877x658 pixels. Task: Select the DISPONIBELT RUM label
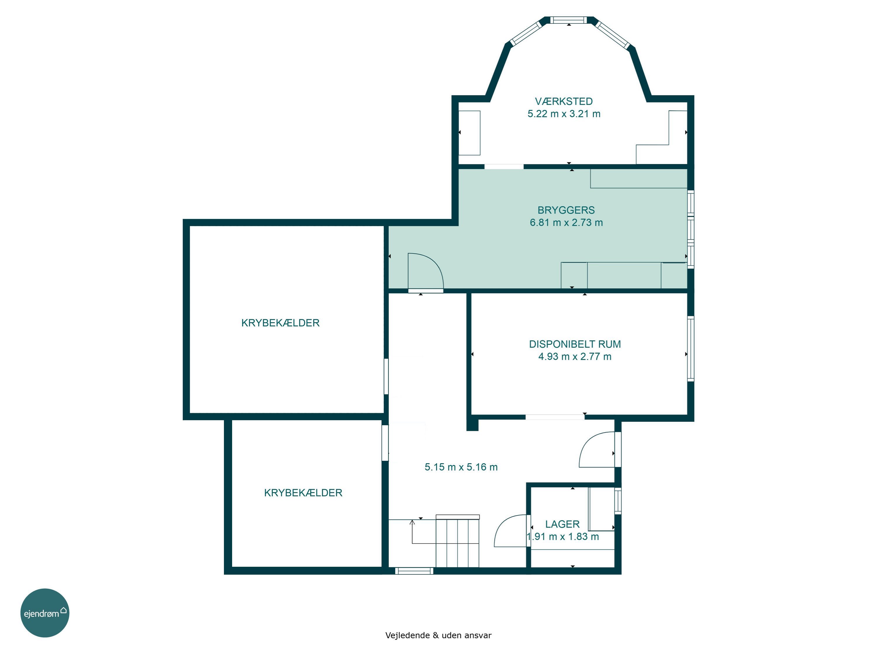(575, 344)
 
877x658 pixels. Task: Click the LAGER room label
(562, 524)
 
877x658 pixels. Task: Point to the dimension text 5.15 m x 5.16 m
(461, 467)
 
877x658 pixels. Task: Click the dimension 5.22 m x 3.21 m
(564, 114)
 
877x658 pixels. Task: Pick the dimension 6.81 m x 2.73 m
(566, 223)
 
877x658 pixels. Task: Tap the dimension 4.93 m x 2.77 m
(575, 356)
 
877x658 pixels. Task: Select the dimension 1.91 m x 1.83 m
(563, 537)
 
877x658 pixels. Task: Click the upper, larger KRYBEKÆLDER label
(280, 323)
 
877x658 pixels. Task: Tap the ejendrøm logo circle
(45, 613)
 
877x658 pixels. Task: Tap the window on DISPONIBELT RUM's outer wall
(691, 349)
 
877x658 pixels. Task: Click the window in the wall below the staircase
(414, 571)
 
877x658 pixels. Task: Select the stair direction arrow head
(412, 522)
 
